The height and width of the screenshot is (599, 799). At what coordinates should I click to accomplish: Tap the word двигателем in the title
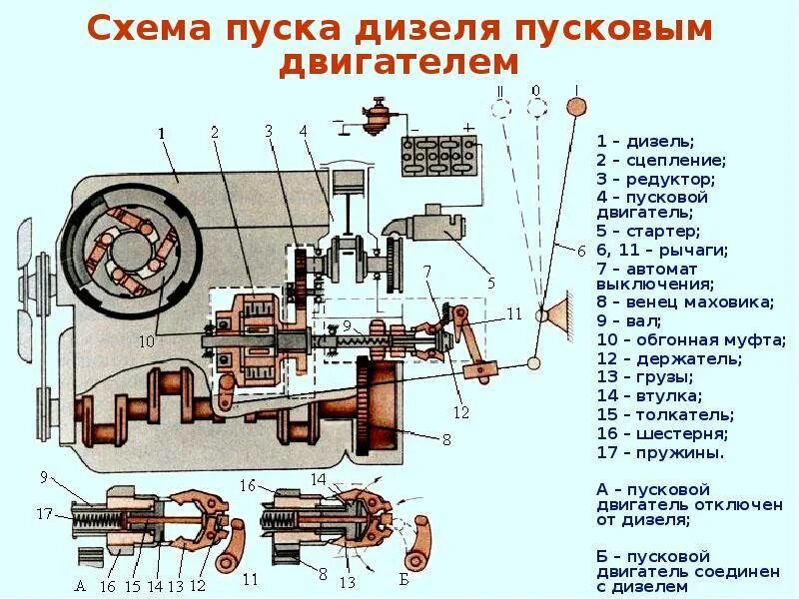[x=399, y=62]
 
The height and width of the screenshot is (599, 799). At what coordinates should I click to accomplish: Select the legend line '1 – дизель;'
[x=644, y=141]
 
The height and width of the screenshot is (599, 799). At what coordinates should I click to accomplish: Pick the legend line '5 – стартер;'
[x=650, y=232]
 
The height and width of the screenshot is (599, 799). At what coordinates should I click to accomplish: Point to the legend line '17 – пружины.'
[x=660, y=452]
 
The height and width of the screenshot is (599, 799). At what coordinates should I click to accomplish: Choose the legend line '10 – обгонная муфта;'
[x=691, y=340]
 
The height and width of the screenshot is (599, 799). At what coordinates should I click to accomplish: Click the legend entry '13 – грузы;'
[x=644, y=377]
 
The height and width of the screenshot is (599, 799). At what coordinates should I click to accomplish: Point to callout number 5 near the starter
[x=490, y=283]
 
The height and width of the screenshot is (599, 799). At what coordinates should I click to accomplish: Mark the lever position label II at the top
[x=499, y=92]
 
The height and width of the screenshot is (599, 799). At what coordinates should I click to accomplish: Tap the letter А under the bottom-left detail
[x=79, y=585]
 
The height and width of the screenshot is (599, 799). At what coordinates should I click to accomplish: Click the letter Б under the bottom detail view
[x=403, y=580]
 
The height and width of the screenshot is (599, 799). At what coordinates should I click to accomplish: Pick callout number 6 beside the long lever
[x=581, y=251]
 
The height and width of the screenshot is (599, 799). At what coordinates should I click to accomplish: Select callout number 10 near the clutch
[x=147, y=341]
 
